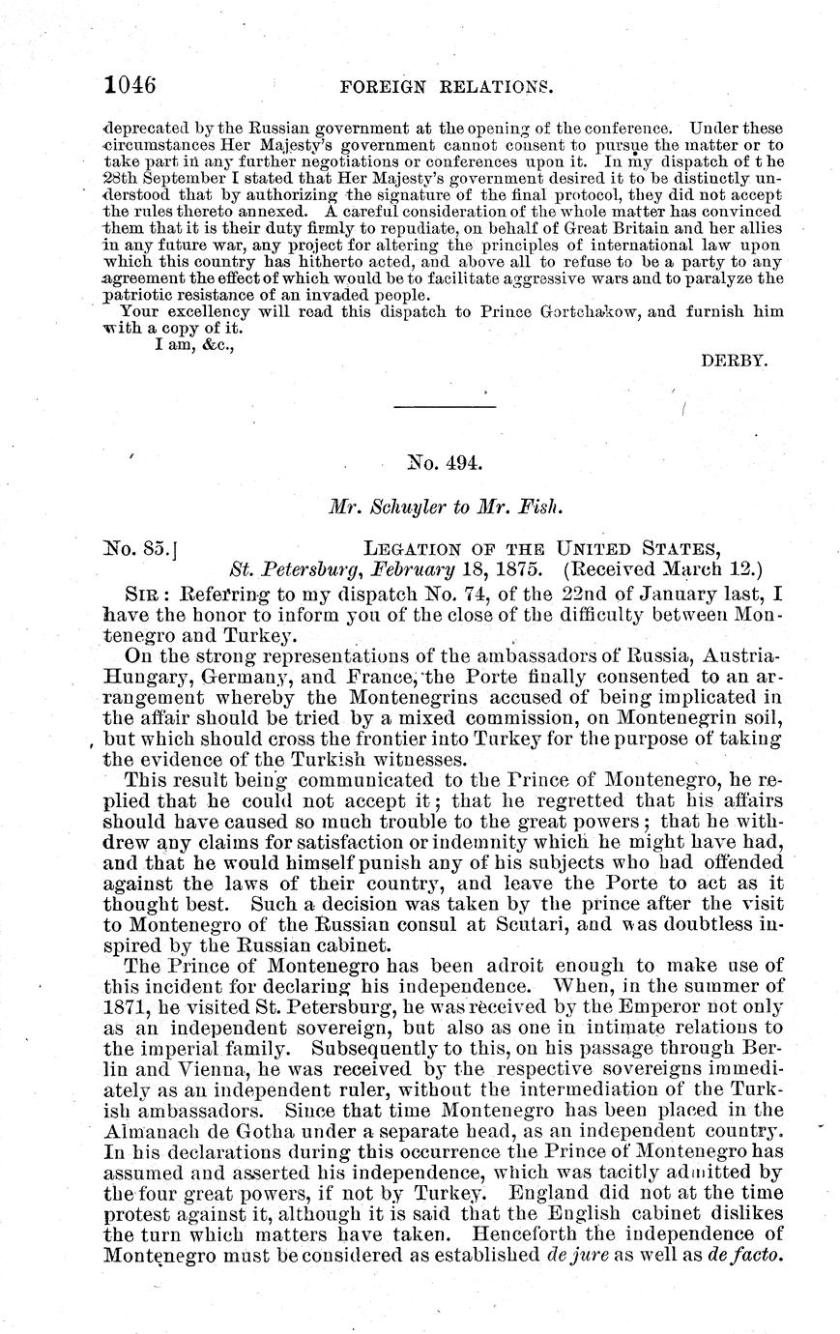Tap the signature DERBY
735,360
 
